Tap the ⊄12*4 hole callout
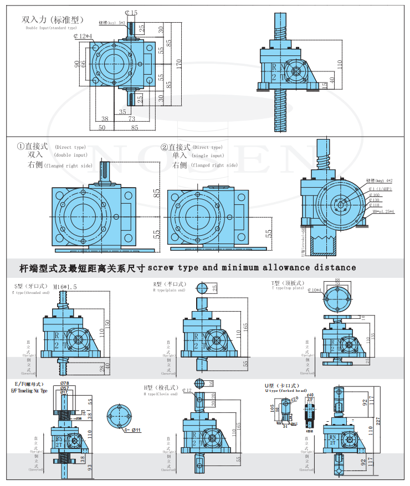click(x=84, y=36)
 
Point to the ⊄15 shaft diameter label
click(x=131, y=12)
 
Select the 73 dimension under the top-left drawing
click(x=132, y=119)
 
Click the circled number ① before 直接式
click(x=20, y=147)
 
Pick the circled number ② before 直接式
click(x=164, y=147)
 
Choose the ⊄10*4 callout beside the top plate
click(x=316, y=289)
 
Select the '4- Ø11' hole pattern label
click(x=132, y=430)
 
